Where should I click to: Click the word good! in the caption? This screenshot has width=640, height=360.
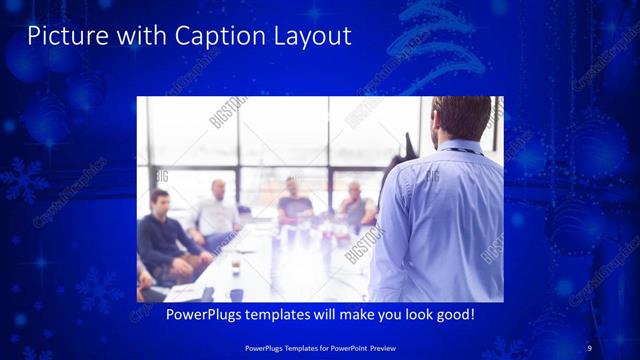point(452,314)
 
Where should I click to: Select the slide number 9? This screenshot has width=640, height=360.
point(589,347)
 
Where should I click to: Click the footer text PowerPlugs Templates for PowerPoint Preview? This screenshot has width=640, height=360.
point(320,347)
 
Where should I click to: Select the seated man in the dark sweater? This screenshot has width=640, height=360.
point(160,235)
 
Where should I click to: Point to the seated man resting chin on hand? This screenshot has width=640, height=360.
point(355,205)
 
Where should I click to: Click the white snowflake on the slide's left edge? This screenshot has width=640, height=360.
point(21,178)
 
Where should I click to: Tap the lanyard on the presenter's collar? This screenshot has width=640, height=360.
point(460,150)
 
